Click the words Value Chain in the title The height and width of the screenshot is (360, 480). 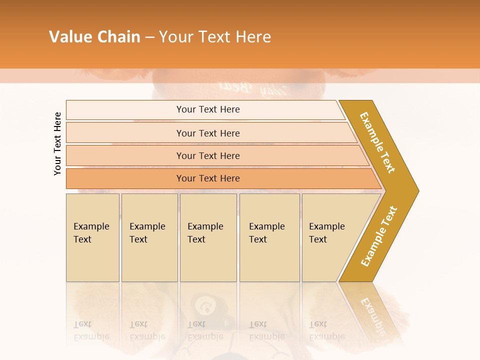pos(94,37)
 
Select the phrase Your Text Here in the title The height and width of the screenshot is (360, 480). pos(215,37)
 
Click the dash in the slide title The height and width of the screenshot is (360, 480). pos(149,37)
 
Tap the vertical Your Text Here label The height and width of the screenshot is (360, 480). pos(57,144)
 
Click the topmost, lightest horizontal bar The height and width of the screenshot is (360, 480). pos(207,109)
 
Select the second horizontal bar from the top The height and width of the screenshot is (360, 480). pos(207,133)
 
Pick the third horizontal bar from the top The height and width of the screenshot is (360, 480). pos(207,155)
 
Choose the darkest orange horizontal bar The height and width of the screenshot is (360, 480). pos(207,178)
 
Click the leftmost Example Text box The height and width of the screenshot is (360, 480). pos(92,237)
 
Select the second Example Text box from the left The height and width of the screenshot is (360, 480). pos(149,237)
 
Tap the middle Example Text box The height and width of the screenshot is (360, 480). pos(208,237)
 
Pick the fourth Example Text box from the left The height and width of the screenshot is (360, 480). pos(269,237)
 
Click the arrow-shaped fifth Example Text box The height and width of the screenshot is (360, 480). pos(330,237)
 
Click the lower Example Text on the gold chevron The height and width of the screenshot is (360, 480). pos(379,236)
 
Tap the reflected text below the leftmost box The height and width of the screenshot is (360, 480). pos(91,330)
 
